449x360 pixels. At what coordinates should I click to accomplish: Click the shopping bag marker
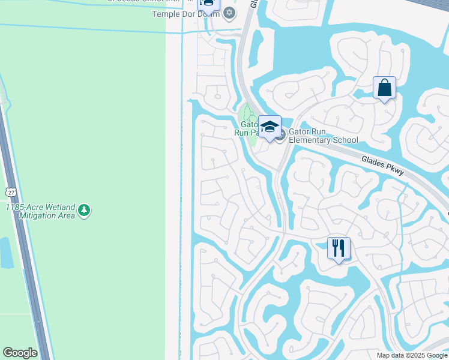(384, 88)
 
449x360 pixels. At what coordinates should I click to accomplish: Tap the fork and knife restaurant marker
(339, 248)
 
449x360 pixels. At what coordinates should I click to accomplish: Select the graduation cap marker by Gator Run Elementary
(270, 127)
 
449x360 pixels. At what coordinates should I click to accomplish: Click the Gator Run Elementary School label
(323, 136)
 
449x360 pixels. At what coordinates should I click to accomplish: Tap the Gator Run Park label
(246, 128)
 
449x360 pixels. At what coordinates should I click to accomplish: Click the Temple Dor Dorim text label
(186, 14)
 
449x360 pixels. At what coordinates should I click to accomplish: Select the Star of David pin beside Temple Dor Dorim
(229, 13)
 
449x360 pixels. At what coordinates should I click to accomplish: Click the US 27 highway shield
(10, 192)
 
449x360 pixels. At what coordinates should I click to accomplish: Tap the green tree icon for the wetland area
(85, 210)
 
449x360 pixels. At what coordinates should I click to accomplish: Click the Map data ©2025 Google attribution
(411, 355)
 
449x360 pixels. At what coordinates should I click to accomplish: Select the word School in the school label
(345, 140)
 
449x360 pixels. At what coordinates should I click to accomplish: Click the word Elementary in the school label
(310, 140)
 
